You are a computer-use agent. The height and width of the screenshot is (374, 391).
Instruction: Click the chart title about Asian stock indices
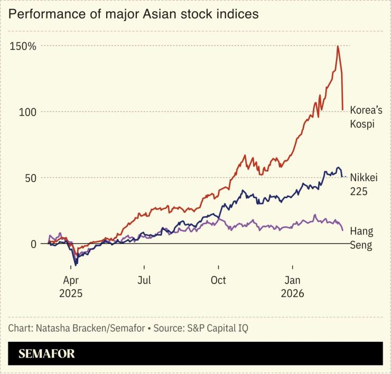click(134, 14)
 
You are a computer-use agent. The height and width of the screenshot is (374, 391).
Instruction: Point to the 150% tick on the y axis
click(22, 46)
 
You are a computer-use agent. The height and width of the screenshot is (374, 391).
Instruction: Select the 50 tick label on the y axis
click(30, 178)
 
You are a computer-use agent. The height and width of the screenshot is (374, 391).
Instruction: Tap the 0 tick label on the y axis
click(33, 244)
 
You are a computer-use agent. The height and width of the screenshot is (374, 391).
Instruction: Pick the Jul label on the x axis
click(145, 279)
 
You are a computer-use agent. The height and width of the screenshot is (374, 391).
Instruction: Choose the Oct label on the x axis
click(218, 279)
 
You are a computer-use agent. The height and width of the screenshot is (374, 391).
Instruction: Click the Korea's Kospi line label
click(366, 117)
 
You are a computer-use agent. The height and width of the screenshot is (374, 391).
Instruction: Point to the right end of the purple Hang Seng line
click(343, 230)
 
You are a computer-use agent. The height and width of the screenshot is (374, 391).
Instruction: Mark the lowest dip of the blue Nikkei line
click(76, 265)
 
